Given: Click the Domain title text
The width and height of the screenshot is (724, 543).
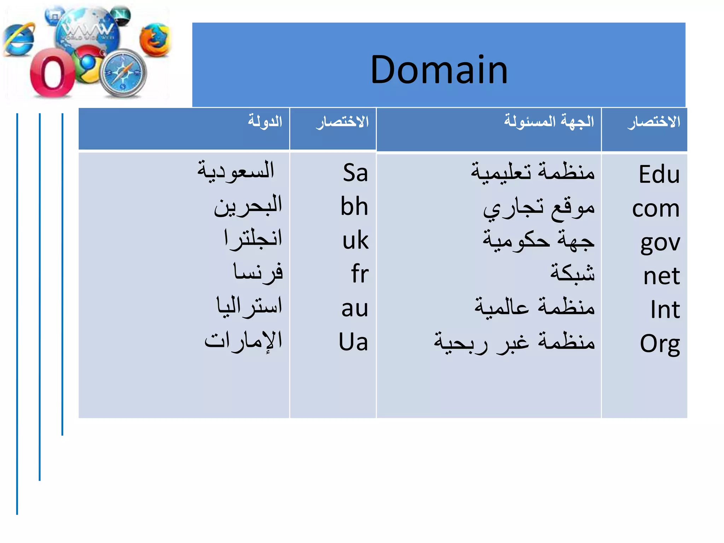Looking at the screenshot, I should pos(439,70).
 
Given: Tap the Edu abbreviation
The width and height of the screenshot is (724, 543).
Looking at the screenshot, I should pos(659,174).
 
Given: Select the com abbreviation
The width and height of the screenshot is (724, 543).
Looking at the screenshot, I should pos(656,209).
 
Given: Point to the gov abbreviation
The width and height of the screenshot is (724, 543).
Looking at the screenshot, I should pos(660,243).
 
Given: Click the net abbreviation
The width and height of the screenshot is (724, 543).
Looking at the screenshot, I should pos(661,276).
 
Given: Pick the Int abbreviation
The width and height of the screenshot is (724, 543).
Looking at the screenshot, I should pos(665,310).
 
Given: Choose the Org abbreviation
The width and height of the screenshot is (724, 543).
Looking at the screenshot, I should pos(660,343).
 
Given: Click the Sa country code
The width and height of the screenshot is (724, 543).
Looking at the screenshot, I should pos(355,173).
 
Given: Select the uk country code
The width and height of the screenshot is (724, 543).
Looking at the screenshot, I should pos(355,240).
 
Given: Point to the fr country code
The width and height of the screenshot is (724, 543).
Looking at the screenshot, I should pos(360,274).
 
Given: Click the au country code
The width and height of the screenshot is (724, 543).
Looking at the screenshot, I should pos(355,308).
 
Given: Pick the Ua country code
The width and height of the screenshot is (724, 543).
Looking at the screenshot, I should pos(353,342).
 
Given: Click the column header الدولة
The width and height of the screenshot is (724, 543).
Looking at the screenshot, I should pos(265,121).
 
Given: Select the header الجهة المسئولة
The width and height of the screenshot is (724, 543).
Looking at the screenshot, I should pos(549,121).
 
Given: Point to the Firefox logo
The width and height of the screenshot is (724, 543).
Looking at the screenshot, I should pos(154,40).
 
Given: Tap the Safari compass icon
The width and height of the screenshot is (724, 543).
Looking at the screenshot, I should pos(123,73).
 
